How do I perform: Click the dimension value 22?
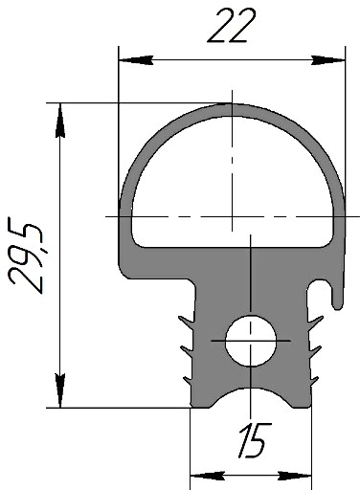[232, 26]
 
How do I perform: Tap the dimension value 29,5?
[26, 255]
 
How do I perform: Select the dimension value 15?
[255, 440]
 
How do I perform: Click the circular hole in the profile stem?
[251, 341]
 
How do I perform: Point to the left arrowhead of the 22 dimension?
[136, 60]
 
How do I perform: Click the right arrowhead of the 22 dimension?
[328, 60]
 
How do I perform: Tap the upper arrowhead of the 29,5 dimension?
[60, 121]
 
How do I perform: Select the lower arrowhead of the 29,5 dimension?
[60, 390]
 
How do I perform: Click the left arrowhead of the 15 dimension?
[208, 476]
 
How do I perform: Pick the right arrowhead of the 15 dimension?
[294, 476]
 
